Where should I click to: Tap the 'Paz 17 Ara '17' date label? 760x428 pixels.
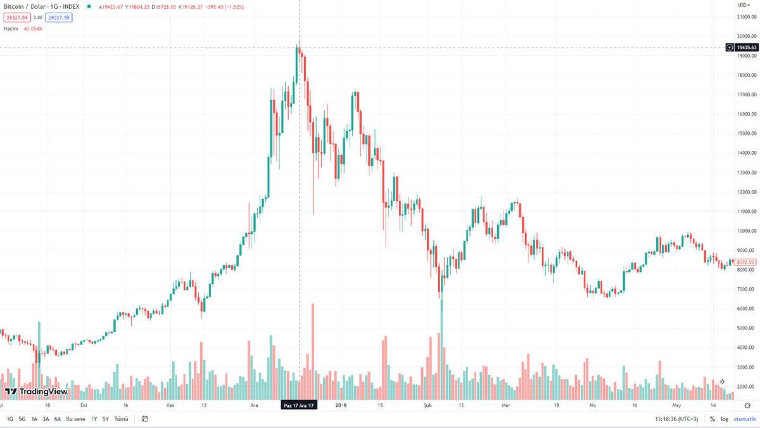point(300,405)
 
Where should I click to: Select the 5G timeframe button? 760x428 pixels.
point(22,418)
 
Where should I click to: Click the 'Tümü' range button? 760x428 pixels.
point(121,418)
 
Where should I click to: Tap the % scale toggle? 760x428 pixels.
point(712,418)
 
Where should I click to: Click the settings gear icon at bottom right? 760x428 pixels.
point(747,405)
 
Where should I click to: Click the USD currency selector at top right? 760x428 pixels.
point(743,4)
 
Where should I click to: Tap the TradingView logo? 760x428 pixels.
point(36,391)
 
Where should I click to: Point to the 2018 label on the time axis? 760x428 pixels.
point(341,405)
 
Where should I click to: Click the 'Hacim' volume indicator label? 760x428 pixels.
point(10,29)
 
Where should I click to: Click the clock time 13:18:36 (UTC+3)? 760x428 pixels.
point(676,418)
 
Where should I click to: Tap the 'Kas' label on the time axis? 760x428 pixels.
point(170,405)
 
